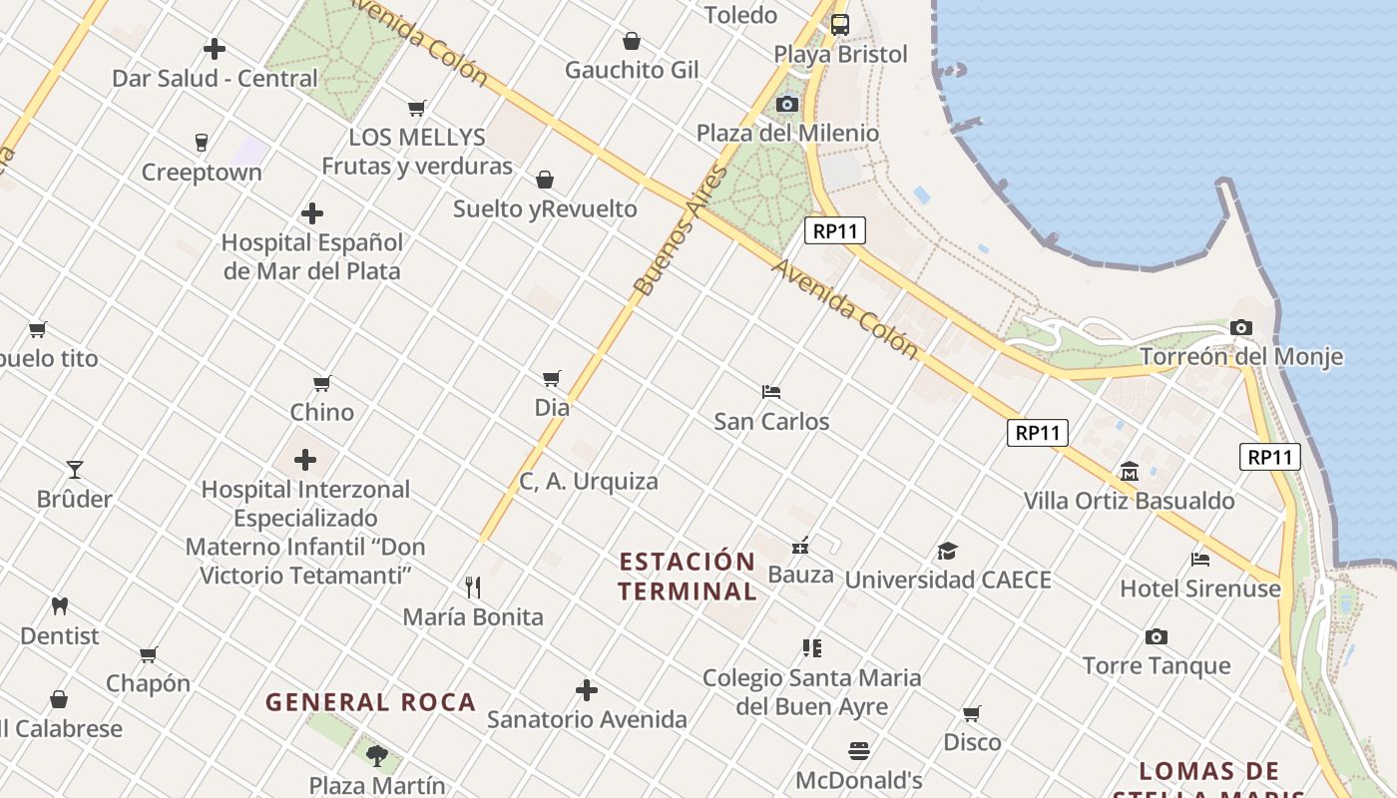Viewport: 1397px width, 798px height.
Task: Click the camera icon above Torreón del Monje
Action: click(x=1240, y=327)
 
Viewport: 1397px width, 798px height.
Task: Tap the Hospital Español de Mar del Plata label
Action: click(x=312, y=256)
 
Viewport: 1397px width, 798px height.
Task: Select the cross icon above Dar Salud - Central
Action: click(x=215, y=48)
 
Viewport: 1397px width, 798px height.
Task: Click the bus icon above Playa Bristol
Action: click(x=840, y=25)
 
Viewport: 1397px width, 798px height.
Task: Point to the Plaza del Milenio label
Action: click(x=787, y=133)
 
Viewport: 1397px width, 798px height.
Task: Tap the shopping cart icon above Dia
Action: click(x=552, y=378)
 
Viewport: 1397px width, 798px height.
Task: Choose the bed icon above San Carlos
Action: click(x=770, y=391)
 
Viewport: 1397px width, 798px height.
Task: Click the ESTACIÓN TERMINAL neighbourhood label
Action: click(x=687, y=576)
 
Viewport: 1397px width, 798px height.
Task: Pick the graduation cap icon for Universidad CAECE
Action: click(x=947, y=551)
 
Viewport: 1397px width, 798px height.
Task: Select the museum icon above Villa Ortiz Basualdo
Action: click(x=1130, y=471)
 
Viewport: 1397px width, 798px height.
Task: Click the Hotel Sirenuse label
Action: click(x=1200, y=589)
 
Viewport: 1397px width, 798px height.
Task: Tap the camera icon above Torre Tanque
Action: click(x=1157, y=636)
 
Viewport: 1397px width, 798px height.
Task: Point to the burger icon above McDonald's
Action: click(x=859, y=750)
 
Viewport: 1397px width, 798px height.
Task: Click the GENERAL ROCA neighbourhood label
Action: click(x=370, y=702)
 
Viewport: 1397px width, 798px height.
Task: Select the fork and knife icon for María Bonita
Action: click(x=473, y=587)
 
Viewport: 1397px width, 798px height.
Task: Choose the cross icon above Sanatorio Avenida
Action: click(x=587, y=690)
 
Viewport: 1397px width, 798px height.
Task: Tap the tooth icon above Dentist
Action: click(x=60, y=605)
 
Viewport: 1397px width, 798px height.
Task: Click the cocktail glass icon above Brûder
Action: click(x=75, y=469)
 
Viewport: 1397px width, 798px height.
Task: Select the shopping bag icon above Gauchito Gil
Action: click(x=632, y=41)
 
